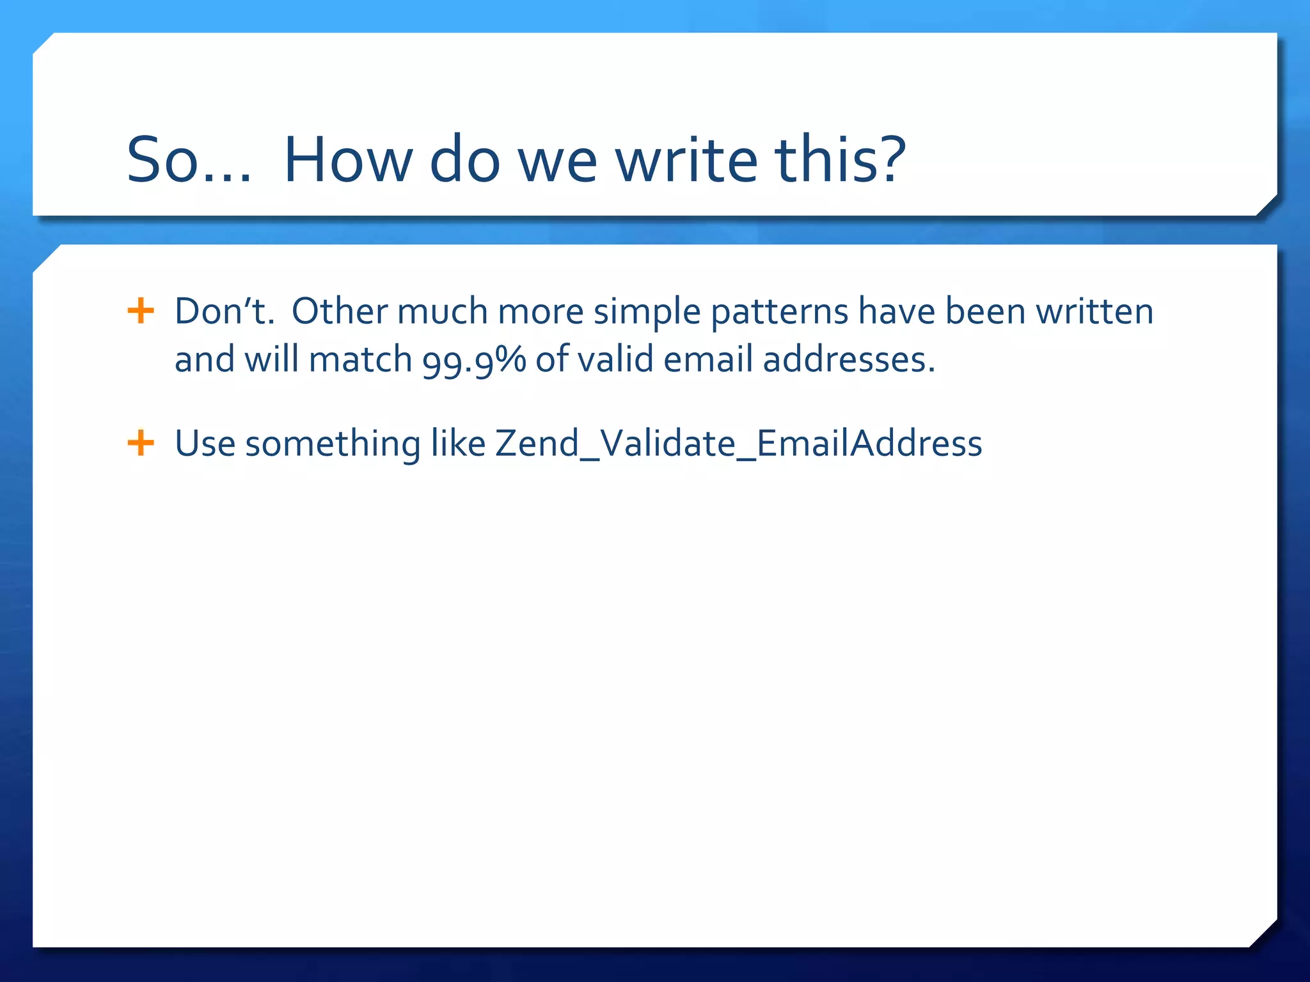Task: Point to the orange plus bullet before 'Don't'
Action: [x=141, y=311]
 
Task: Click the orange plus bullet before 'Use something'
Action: [x=141, y=443]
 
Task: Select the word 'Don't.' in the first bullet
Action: [x=224, y=311]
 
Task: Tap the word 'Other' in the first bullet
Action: [x=340, y=311]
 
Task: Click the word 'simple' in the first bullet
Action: [x=647, y=313]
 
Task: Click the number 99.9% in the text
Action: [x=473, y=361]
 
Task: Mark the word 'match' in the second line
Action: [x=360, y=359]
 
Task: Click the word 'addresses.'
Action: [x=849, y=359]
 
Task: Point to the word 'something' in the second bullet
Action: [x=333, y=444]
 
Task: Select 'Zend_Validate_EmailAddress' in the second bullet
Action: [x=738, y=443]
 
